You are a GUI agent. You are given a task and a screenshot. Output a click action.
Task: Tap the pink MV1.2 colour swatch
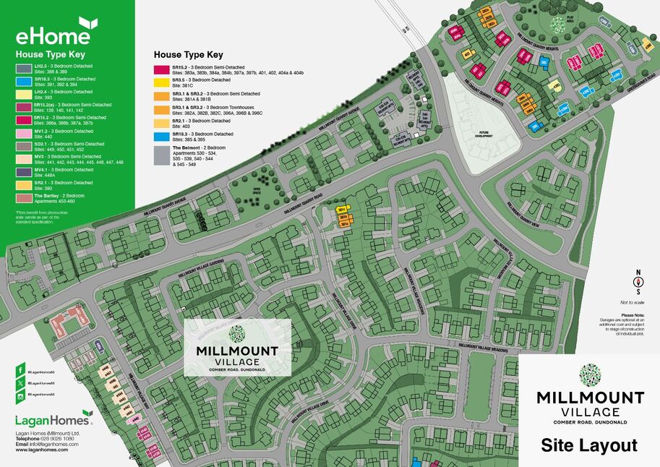pyautogui.click(x=24, y=133)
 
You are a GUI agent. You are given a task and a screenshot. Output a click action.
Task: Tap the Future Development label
pyautogui.click(x=483, y=134)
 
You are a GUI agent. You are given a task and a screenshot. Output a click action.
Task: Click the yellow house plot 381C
pyautogui.click(x=343, y=210)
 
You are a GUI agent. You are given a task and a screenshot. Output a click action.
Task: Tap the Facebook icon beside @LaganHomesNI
pyautogui.click(x=20, y=370)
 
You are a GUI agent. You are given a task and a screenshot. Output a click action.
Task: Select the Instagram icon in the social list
pyautogui.click(x=20, y=394)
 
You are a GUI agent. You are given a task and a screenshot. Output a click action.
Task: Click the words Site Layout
pyautogui.click(x=589, y=445)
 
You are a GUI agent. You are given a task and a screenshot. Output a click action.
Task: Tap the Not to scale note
pyautogui.click(x=632, y=302)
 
